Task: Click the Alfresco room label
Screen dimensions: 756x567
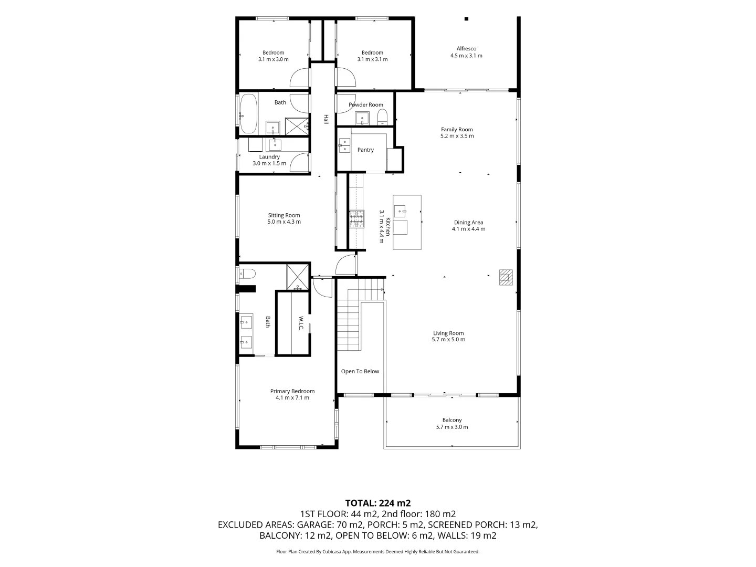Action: (466, 48)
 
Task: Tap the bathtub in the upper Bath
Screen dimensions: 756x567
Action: (248, 113)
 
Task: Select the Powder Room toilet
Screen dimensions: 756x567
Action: (382, 117)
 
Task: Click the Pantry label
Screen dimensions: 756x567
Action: (365, 150)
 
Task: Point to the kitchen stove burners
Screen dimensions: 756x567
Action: (356, 219)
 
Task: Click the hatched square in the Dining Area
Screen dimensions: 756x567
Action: (506, 277)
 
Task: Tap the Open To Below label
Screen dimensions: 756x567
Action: (360, 371)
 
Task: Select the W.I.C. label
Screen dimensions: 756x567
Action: (301, 323)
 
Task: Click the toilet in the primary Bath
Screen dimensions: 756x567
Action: (247, 274)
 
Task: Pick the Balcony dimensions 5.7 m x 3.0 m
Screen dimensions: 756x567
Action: (452, 427)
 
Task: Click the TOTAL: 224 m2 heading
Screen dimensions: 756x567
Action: (378, 503)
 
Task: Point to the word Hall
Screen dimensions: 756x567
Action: (326, 119)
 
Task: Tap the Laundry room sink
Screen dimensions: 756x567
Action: (275, 144)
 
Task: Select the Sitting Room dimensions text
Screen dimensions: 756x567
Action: (284, 222)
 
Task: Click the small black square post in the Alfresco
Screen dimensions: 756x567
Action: (466, 19)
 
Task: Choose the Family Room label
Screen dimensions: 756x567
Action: (457, 130)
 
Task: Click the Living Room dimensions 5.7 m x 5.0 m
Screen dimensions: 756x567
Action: (448, 340)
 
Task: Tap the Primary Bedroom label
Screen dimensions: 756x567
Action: (292, 391)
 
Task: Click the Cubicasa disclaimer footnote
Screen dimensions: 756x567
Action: (378, 551)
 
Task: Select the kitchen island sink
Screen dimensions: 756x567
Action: (400, 211)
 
